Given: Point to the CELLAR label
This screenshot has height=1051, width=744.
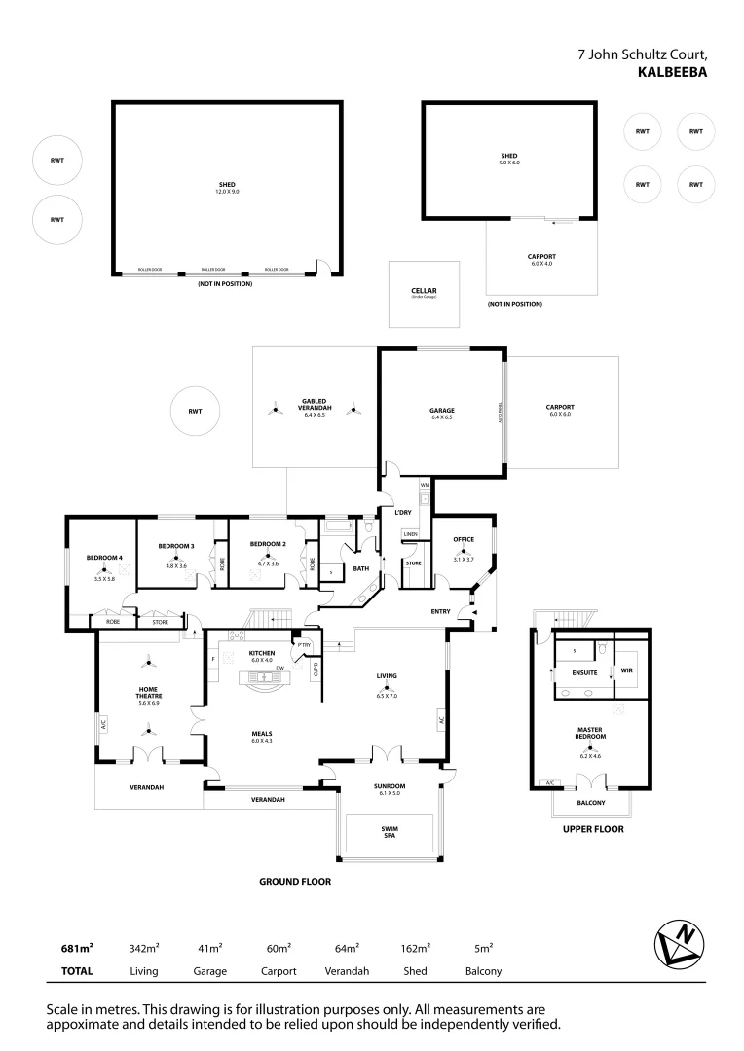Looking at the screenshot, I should [424, 291].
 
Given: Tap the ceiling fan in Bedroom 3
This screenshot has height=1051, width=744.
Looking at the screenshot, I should [176, 558].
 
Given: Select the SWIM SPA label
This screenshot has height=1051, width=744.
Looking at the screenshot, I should [390, 832].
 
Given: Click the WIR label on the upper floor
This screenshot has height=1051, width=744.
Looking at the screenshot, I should [625, 670].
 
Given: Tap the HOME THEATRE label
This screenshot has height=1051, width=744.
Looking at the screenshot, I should [149, 692].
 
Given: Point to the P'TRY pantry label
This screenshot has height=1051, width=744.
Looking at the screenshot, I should [304, 643].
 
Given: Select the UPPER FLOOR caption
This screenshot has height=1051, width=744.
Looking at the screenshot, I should [593, 829].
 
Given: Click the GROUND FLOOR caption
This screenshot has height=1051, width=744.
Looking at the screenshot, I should [294, 882].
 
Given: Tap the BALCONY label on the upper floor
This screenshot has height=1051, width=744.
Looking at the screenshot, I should [591, 803].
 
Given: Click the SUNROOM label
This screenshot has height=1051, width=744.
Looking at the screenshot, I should [390, 785].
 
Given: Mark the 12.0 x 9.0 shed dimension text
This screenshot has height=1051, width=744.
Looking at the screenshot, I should [227, 192].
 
